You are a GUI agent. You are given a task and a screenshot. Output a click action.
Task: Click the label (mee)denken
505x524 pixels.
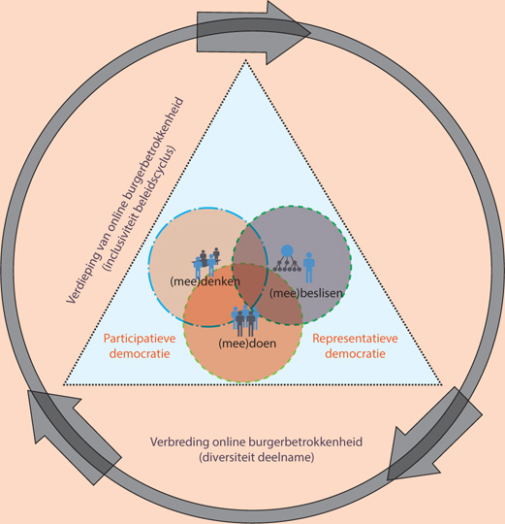[x=205, y=281]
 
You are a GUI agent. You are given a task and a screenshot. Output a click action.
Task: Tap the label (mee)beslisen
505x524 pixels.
[x=305, y=293]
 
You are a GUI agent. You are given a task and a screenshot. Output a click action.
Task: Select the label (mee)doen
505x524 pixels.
[x=247, y=344]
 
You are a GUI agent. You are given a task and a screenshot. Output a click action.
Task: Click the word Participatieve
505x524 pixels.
[x=140, y=339]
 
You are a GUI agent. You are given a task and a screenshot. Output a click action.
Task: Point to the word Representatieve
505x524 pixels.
[x=355, y=339]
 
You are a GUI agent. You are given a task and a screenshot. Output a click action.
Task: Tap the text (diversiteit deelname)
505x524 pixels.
[x=256, y=457]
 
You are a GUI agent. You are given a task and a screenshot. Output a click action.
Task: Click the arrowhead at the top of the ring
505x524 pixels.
[x=287, y=32]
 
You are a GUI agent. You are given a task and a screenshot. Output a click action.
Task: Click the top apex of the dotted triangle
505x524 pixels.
[x=246, y=60]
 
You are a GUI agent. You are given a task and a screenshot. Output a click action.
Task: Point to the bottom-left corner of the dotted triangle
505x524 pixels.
[x=64, y=384]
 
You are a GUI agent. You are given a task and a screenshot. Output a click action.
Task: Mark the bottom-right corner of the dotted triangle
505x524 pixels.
[x=442, y=384]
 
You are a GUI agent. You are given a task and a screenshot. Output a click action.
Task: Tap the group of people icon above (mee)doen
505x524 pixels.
[x=245, y=321]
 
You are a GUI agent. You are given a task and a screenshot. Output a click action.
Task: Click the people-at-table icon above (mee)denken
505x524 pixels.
[x=206, y=262]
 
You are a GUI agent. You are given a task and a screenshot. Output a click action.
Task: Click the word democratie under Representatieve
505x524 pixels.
[x=355, y=353]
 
